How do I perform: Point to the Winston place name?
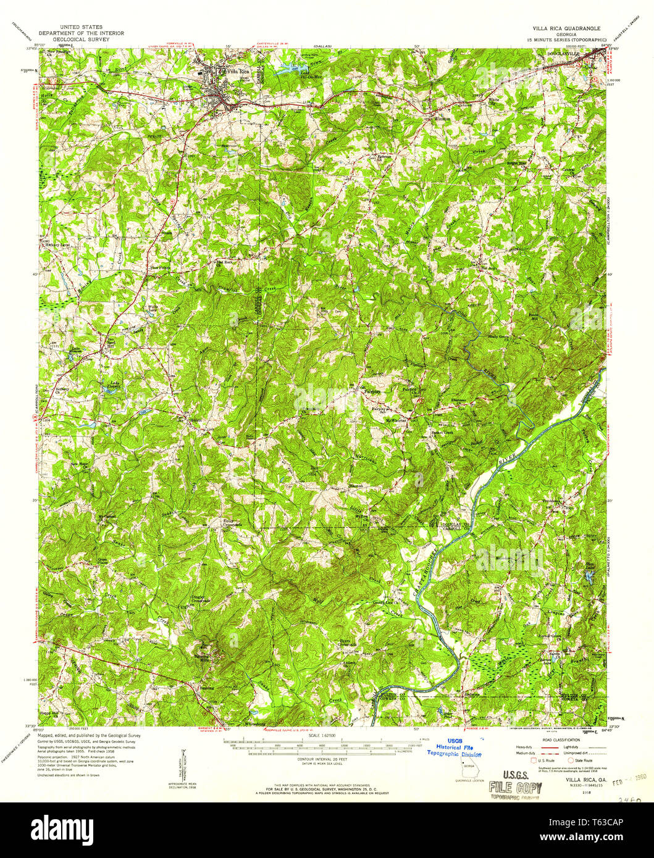[442, 118]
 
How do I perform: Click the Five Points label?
[162, 268]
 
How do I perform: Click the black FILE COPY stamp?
[515, 787]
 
